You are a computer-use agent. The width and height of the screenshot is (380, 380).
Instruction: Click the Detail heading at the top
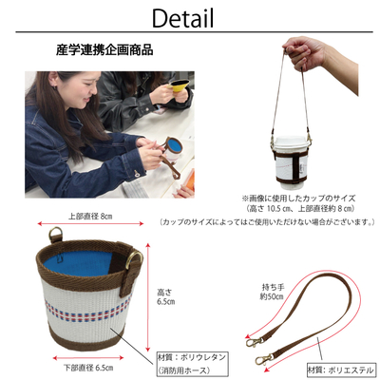click(x=183, y=18)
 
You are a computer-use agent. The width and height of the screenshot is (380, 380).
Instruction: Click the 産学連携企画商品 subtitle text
click(x=104, y=50)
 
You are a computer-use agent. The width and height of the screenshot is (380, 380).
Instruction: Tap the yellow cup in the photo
click(x=179, y=85)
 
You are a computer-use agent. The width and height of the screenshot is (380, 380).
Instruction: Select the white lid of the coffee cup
click(x=291, y=142)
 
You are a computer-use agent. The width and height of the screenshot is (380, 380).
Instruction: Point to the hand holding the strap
click(x=304, y=54)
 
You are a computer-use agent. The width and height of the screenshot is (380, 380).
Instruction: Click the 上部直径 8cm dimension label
click(x=90, y=217)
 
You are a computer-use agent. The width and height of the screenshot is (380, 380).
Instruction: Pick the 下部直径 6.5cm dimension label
click(x=88, y=368)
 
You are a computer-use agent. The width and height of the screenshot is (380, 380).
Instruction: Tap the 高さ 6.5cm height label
click(x=165, y=296)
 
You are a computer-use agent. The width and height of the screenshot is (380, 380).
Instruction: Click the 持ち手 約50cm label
click(x=273, y=292)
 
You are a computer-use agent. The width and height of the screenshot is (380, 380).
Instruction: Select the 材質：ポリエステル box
click(x=341, y=370)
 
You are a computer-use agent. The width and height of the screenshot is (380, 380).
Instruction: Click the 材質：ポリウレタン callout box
click(x=192, y=364)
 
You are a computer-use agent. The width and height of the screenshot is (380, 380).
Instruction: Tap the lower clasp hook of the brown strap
click(x=264, y=359)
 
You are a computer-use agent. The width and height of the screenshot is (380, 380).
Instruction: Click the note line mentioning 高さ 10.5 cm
click(x=299, y=209)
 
